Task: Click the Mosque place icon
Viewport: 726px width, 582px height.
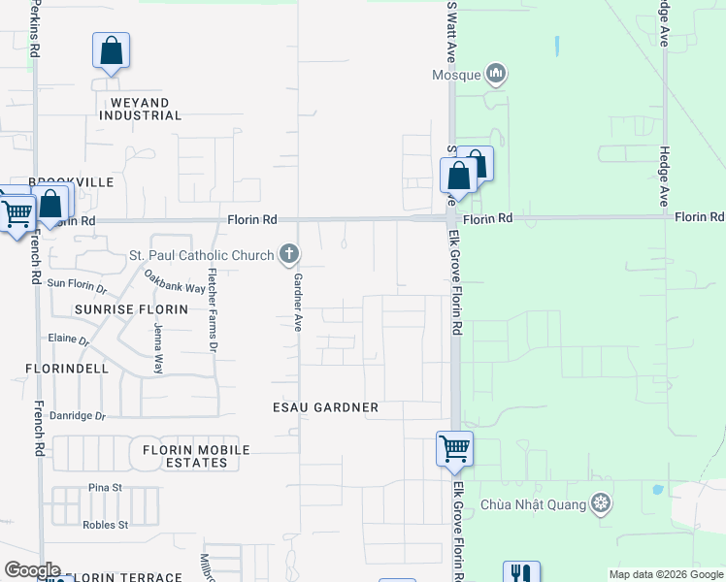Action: click(497, 73)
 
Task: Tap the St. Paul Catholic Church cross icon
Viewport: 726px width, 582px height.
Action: click(288, 255)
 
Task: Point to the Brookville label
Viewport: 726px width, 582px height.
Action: click(71, 182)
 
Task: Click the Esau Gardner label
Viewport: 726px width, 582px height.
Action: click(326, 407)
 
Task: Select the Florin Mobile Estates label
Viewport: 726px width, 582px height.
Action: click(196, 456)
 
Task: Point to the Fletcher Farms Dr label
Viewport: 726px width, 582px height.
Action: click(214, 316)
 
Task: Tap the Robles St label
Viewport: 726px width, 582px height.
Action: click(106, 525)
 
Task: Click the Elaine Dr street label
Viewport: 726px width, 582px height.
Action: click(68, 340)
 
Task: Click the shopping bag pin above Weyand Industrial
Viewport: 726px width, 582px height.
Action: click(111, 50)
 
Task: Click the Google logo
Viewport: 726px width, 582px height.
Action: click(31, 570)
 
